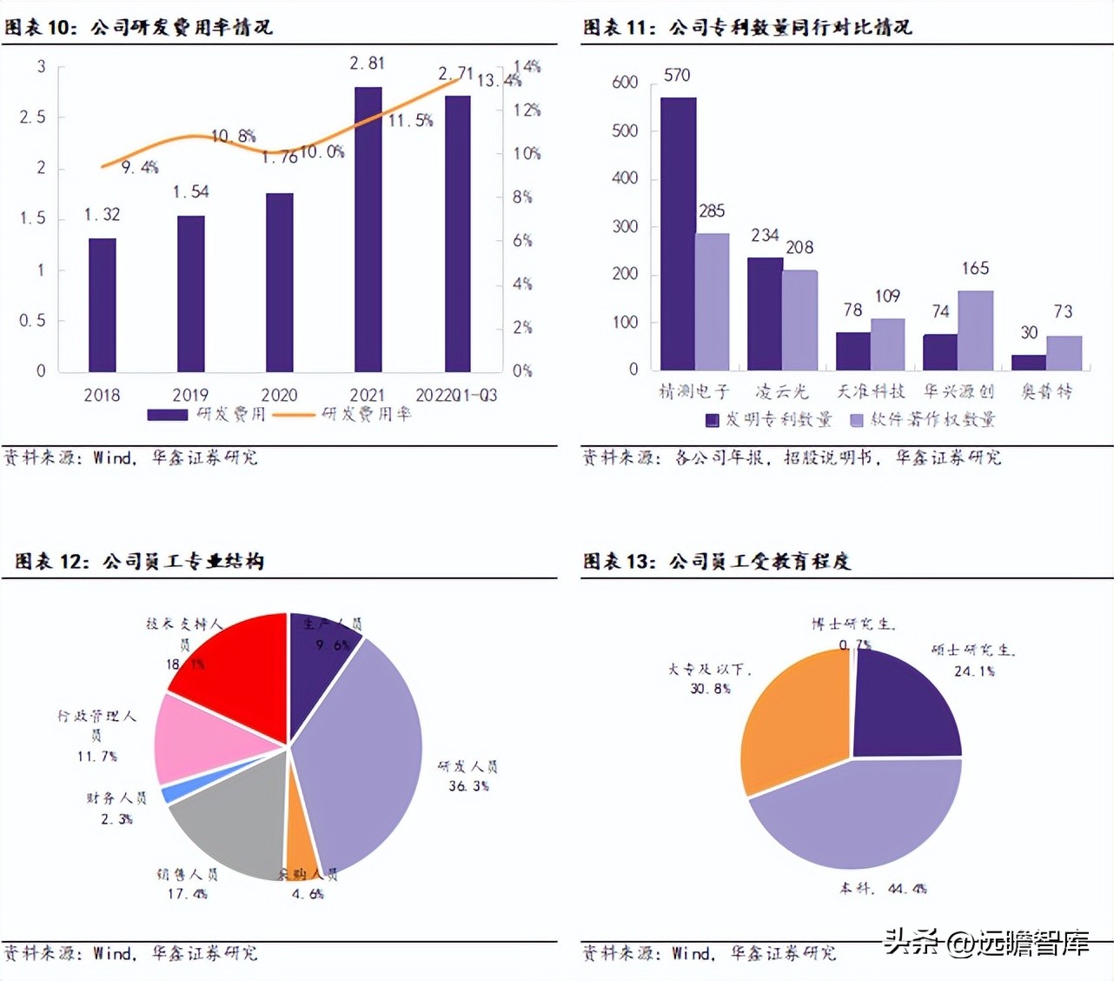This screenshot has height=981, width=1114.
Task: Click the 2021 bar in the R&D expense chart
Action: point(368,230)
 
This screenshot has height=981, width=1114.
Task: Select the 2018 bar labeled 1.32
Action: point(102,304)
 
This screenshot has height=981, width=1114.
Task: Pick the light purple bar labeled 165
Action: point(975,330)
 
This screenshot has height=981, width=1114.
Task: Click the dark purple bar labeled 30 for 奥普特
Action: point(1029,363)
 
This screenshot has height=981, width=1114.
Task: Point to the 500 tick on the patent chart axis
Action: point(625,130)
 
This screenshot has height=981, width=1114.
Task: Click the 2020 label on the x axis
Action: point(279,395)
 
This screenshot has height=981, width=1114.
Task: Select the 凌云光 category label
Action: point(781,392)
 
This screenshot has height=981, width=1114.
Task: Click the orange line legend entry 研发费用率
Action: point(342,415)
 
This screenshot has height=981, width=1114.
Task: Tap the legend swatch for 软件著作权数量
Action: point(856,420)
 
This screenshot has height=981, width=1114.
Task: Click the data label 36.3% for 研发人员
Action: point(468,786)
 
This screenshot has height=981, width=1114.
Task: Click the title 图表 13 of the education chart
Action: point(619,562)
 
